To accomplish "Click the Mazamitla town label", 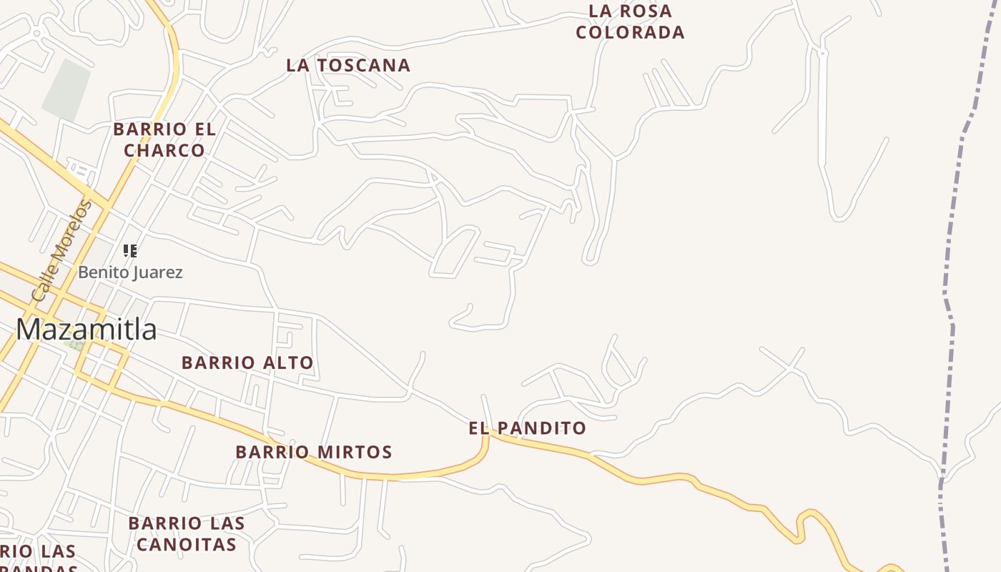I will pyautogui.click(x=87, y=330).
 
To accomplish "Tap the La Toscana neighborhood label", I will pyautogui.click(x=348, y=65).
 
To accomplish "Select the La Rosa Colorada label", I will pyautogui.click(x=630, y=22).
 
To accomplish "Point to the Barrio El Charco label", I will pyautogui.click(x=164, y=140).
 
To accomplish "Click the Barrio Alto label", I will pyautogui.click(x=247, y=363).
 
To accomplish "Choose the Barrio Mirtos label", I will pyautogui.click(x=314, y=452).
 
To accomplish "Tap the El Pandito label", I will pyautogui.click(x=527, y=428).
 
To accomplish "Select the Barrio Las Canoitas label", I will pyautogui.click(x=186, y=534).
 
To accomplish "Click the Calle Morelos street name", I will pyautogui.click(x=62, y=250).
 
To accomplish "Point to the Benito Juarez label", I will pyautogui.click(x=130, y=272).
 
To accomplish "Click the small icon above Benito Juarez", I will pyautogui.click(x=129, y=250).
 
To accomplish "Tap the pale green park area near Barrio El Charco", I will pyautogui.click(x=66, y=90).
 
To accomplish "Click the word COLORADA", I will pyautogui.click(x=630, y=33).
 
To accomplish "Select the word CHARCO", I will pyautogui.click(x=164, y=151).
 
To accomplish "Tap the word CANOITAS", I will pyautogui.click(x=186, y=545).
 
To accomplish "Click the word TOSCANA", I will pyautogui.click(x=363, y=65).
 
